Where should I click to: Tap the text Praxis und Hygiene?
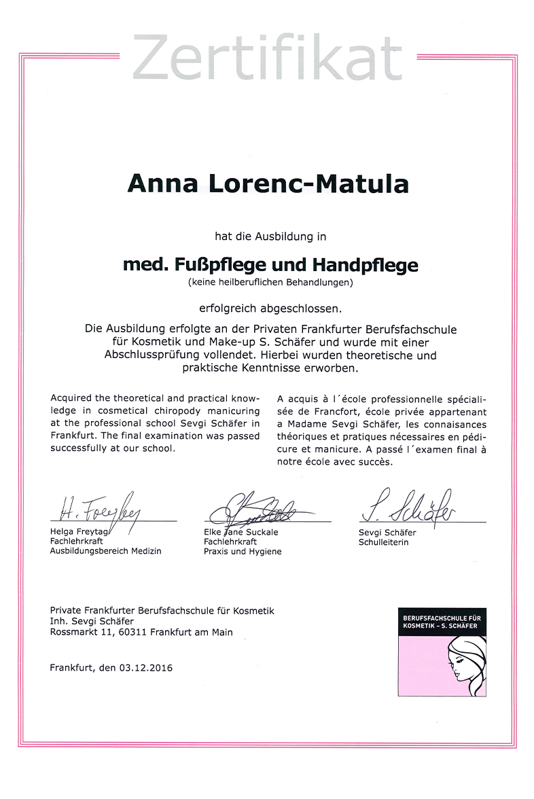click(242, 552)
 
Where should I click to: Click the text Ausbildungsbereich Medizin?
click(105, 551)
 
